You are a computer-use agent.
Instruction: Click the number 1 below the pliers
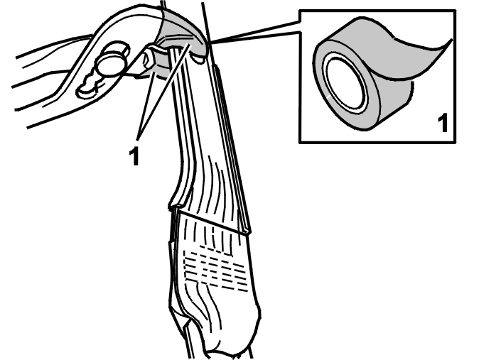(x=134, y=156)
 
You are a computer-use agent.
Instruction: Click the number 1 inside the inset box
(x=442, y=123)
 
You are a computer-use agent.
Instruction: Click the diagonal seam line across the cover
(x=213, y=222)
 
